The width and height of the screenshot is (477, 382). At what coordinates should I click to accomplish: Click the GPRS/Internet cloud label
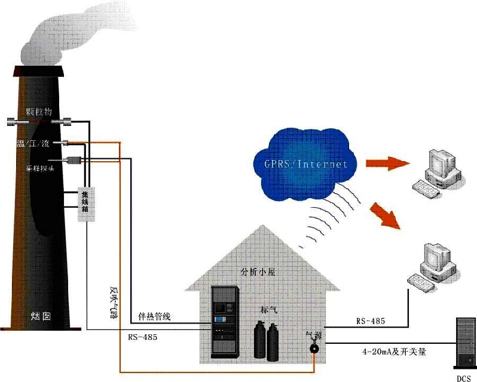click(306, 162)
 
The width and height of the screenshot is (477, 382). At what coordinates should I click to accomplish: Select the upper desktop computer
click(439, 171)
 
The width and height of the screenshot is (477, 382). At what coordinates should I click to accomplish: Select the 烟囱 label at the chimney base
click(40, 316)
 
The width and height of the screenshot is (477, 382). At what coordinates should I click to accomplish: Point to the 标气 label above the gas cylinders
click(268, 310)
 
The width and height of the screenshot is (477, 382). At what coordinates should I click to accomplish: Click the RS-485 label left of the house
click(142, 337)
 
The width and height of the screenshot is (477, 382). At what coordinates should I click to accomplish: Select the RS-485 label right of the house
click(371, 321)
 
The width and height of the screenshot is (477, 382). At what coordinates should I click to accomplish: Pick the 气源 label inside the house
click(313, 336)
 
